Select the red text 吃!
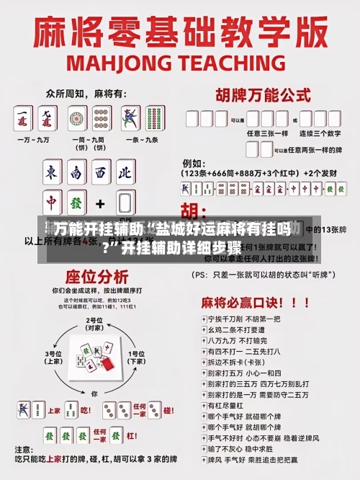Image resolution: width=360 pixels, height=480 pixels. (86, 411)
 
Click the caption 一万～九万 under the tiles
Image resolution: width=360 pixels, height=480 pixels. (37, 139)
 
